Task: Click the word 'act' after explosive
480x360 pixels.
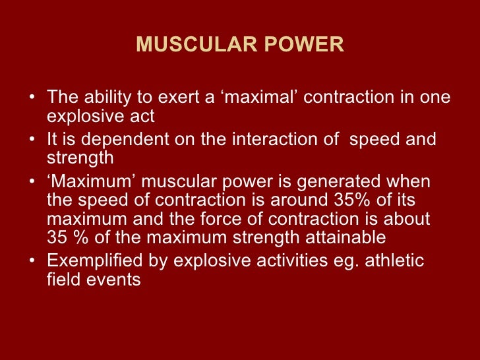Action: [144, 117]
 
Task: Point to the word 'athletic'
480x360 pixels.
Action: [394, 260]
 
